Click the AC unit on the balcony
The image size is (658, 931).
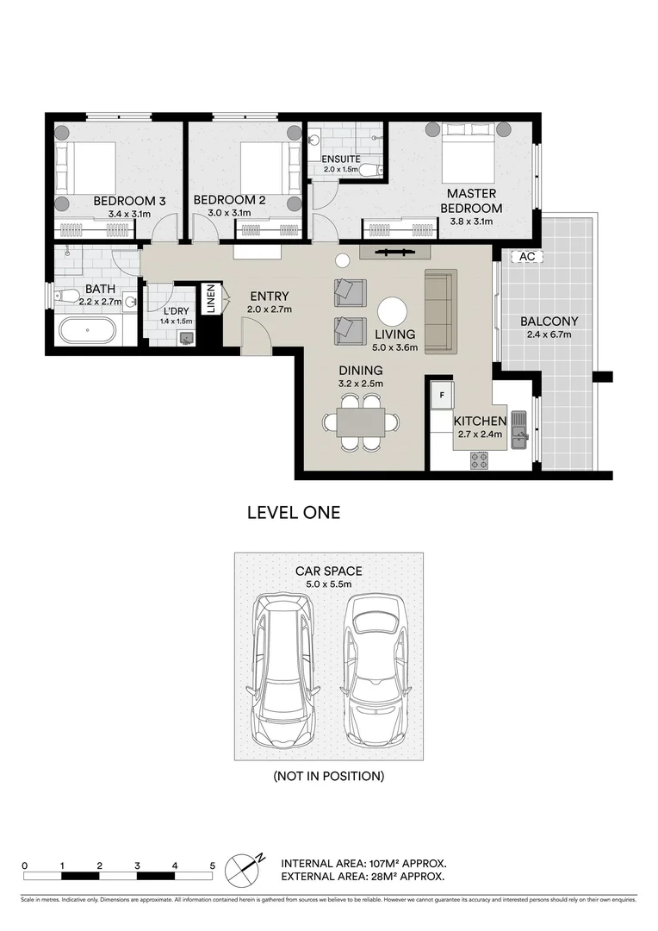pyautogui.click(x=527, y=257)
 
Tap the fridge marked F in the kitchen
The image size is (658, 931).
pyautogui.click(x=441, y=394)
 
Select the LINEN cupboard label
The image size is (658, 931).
pyautogui.click(x=211, y=298)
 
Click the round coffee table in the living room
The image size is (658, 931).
pyautogui.click(x=393, y=312)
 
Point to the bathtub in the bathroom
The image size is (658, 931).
pyautogui.click(x=87, y=331)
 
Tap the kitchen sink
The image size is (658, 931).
pyautogui.click(x=520, y=431)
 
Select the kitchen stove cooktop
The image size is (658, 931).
pyautogui.click(x=479, y=460)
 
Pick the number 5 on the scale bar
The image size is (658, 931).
pyautogui.click(x=213, y=865)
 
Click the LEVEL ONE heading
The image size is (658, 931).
pyautogui.click(x=294, y=513)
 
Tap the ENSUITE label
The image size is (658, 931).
pyautogui.click(x=341, y=159)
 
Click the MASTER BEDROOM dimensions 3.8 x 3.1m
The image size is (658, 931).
pyautogui.click(x=472, y=222)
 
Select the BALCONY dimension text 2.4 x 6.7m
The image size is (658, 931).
pyautogui.click(x=549, y=334)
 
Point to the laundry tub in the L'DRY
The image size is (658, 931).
pyautogui.click(x=187, y=338)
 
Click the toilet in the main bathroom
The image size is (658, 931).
pyautogui.click(x=66, y=295)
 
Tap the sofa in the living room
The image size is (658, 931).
pyautogui.click(x=441, y=310)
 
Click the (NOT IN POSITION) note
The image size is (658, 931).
pyautogui.click(x=329, y=776)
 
